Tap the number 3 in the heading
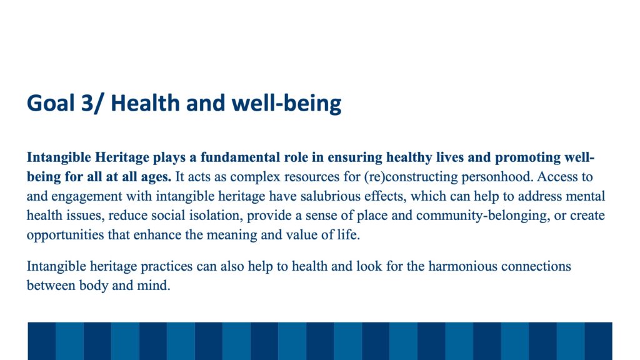[87, 103]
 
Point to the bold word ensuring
[355, 158]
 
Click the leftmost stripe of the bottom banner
[42, 341]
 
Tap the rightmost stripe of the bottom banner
[598, 341]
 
